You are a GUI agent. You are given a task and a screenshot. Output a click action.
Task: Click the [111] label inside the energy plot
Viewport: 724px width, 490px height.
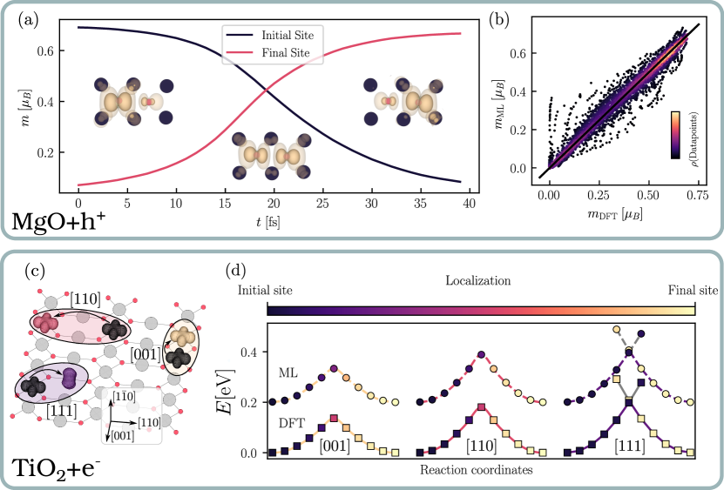pyautogui.click(x=630, y=446)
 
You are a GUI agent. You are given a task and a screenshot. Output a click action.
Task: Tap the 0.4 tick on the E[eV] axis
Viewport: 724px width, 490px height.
pyautogui.click(x=251, y=352)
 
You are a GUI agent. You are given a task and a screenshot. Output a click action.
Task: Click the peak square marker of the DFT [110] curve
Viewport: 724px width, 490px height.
pyautogui.click(x=481, y=407)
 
